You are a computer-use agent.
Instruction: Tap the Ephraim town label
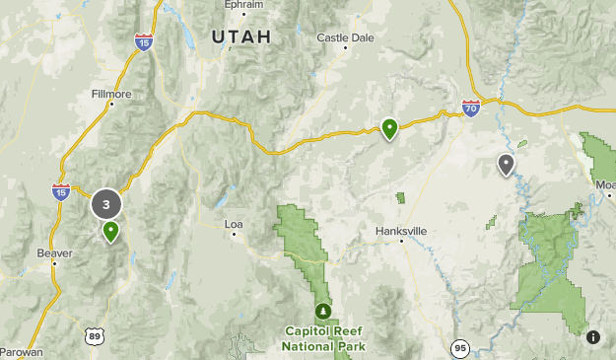[x=243, y=5]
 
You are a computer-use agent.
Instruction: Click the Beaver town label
[x=54, y=252]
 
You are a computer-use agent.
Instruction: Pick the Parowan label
[x=21, y=350]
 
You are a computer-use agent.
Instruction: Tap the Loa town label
[x=234, y=224]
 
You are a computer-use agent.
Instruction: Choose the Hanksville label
[x=401, y=231]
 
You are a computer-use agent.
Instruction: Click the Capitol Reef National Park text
[x=323, y=338]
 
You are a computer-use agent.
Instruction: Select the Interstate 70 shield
[x=471, y=108]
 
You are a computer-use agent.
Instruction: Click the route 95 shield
[x=459, y=348]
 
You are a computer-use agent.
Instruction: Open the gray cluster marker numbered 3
[x=106, y=205]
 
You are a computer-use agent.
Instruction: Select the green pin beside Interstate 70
[x=390, y=127]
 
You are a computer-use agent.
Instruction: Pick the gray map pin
[x=506, y=164]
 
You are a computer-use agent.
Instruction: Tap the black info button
[x=593, y=337]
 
